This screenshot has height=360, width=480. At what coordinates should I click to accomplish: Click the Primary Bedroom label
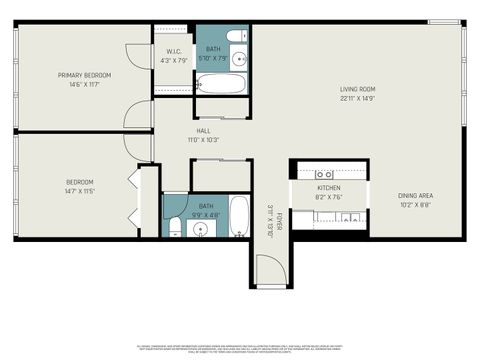pos(84,75)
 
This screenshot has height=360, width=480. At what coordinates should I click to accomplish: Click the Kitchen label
pos(330,187)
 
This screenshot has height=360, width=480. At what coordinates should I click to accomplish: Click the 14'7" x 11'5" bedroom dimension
pos(79,191)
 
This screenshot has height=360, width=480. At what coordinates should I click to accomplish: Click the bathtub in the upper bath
pos(220,81)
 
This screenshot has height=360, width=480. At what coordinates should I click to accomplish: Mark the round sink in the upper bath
pos(236,58)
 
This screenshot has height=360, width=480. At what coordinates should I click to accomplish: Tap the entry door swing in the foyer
pos(270,268)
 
